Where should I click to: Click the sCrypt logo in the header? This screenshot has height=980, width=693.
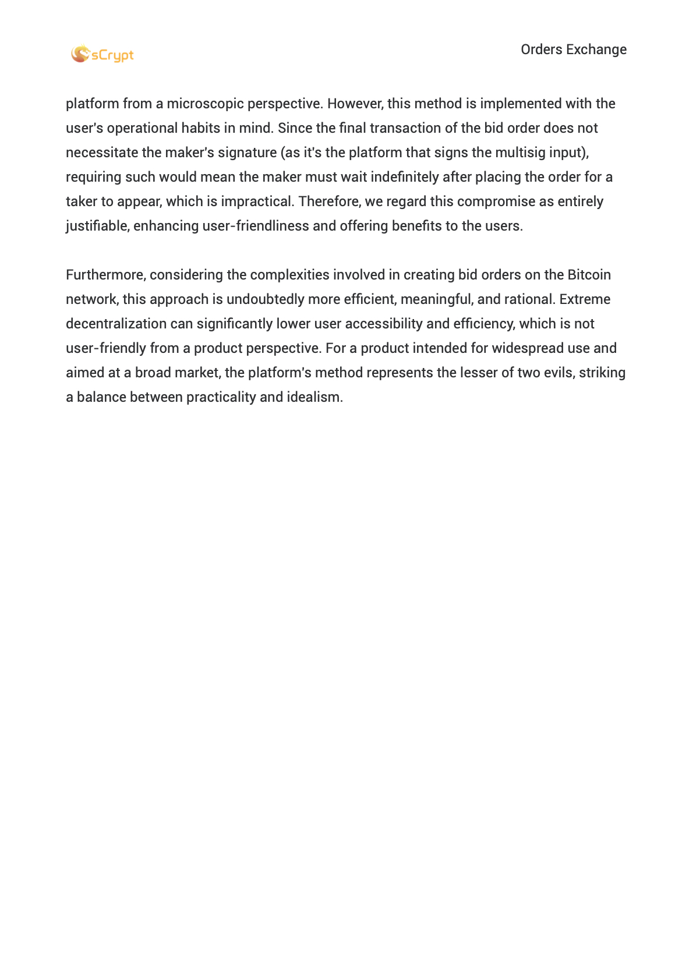pyautogui.click(x=102, y=54)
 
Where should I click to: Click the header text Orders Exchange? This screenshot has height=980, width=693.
pyautogui.click(x=574, y=49)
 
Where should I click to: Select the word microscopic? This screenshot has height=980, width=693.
pyautogui.click(x=205, y=104)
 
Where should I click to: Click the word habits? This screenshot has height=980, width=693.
pyautogui.click(x=200, y=128)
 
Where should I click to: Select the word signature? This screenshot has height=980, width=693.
pyautogui.click(x=247, y=153)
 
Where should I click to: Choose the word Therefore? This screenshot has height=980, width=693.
pyautogui.click(x=330, y=201)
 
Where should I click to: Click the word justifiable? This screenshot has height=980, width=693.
pyautogui.click(x=97, y=226)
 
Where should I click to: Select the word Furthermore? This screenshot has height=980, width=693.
pyautogui.click(x=105, y=275)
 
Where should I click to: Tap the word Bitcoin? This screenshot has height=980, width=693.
pyautogui.click(x=589, y=275)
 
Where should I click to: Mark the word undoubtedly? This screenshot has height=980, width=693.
pyautogui.click(x=266, y=299)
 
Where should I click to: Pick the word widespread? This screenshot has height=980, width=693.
pyautogui.click(x=528, y=348)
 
